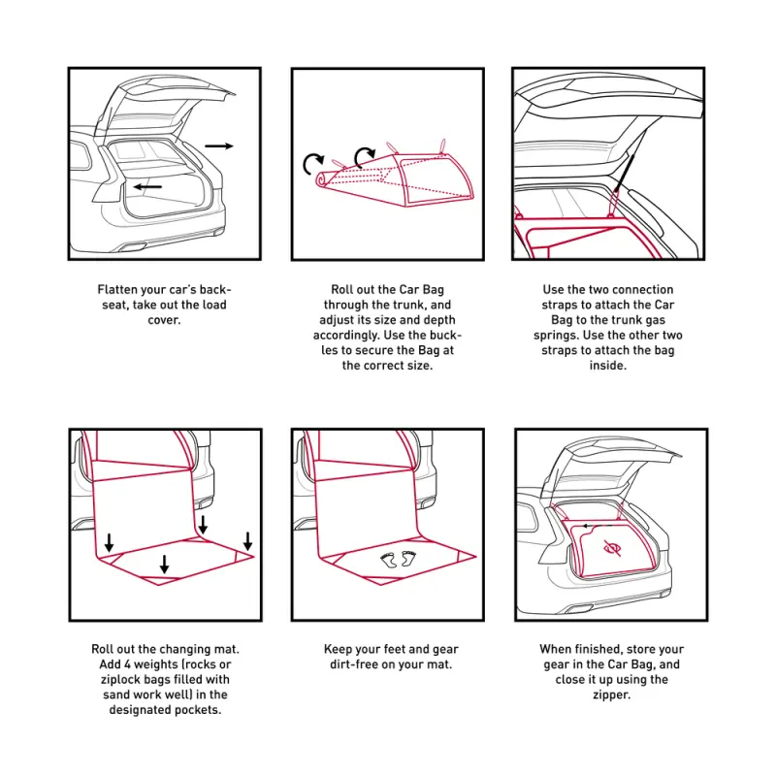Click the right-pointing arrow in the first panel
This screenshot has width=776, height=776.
tap(219, 145)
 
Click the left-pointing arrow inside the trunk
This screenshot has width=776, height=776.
tap(147, 186)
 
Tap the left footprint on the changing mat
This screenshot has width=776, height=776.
tap(389, 561)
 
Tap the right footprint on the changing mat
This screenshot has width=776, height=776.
tap(408, 558)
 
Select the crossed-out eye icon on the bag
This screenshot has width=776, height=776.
tap(612, 548)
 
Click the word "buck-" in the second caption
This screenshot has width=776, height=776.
tap(445, 335)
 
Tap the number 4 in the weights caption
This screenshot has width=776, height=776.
tap(127, 664)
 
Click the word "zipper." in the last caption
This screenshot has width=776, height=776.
tap(612, 695)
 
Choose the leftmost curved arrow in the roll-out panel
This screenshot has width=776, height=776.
tap(312, 163)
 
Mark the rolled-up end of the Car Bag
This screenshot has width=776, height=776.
tap(323, 179)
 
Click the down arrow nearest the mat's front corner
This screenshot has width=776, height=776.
tap(164, 565)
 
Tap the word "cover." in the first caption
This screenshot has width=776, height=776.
tap(164, 320)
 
